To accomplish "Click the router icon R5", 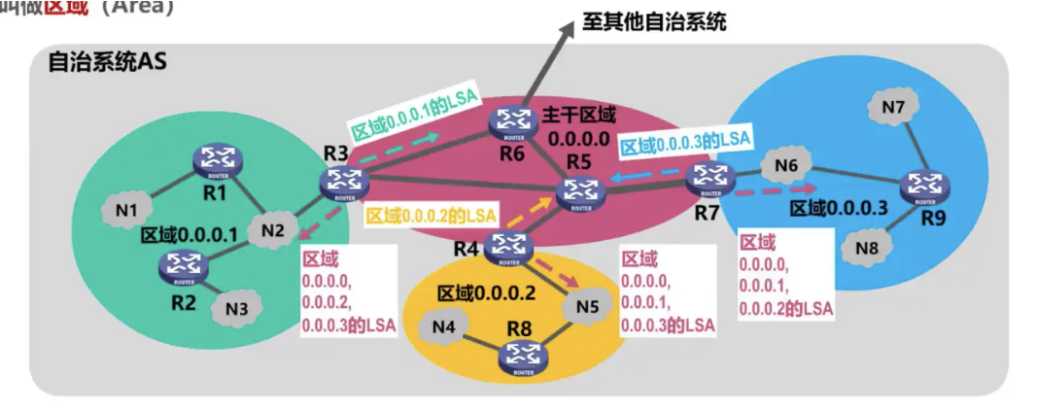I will tap(579, 191).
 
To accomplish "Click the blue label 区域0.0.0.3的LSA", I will tap(685, 142).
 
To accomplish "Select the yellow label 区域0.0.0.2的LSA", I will tap(430, 214).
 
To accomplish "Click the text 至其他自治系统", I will tap(654, 19).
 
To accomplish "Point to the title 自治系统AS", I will tap(108, 63).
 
